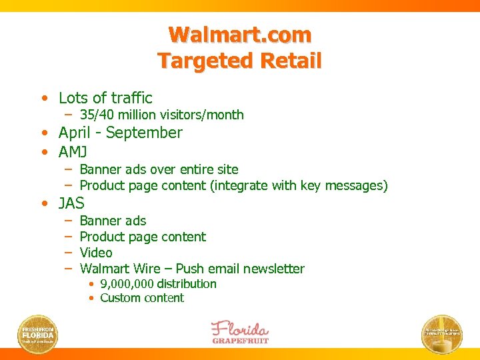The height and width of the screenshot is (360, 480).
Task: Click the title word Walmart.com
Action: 240,34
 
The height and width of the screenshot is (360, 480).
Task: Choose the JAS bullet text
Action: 71,203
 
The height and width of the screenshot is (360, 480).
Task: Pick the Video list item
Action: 96,253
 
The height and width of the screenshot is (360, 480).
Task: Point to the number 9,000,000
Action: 128,284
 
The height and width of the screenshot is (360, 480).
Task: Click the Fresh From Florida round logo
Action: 37,333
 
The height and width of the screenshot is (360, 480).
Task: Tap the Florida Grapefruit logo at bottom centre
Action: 240,332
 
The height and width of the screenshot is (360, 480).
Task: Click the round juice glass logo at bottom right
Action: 442,333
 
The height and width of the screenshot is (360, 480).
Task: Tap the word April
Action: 74,133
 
